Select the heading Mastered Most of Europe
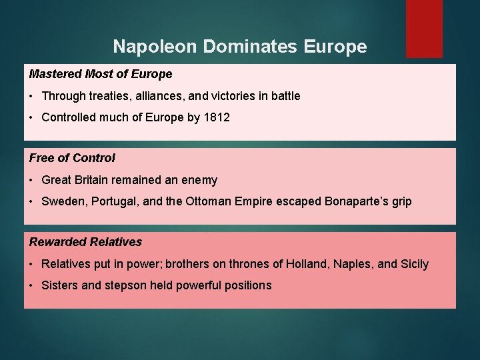[101, 74]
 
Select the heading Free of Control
[72, 158]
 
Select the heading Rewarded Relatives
[85, 242]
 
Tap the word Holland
[307, 264]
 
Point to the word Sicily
[414, 264]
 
